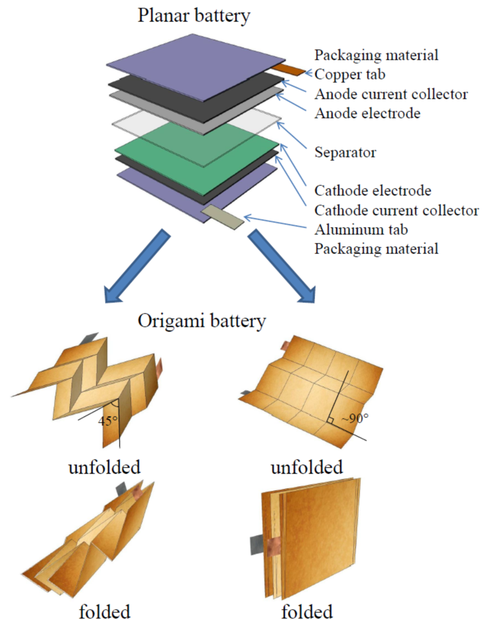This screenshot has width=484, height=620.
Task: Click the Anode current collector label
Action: (391, 94)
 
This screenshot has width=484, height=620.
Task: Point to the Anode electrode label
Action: (367, 114)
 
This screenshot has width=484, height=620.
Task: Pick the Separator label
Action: (345, 152)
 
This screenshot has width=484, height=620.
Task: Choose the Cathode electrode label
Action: (373, 191)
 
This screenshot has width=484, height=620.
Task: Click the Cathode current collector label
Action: (396, 210)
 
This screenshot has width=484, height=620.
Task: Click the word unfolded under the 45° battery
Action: (104, 467)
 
